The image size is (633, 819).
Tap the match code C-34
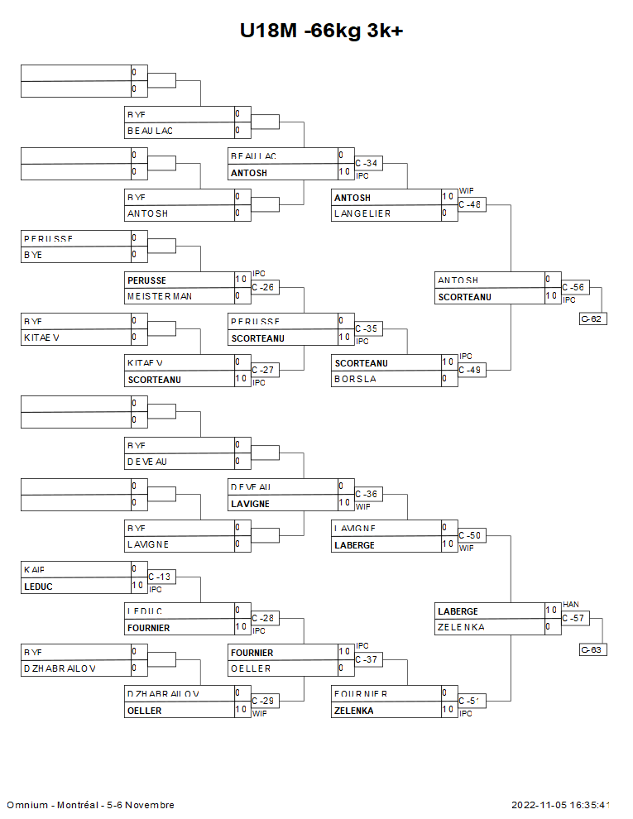(x=366, y=164)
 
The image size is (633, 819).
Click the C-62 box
(x=592, y=318)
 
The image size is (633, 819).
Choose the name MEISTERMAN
(x=159, y=296)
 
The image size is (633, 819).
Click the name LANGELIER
(x=362, y=213)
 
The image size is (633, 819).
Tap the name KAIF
(x=34, y=569)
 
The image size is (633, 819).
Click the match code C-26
(x=262, y=288)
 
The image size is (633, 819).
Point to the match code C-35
(x=366, y=328)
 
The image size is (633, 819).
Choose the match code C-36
(x=366, y=494)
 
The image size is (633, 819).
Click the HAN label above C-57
(x=570, y=605)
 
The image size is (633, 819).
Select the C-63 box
(x=592, y=649)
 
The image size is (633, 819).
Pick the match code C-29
(x=262, y=701)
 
